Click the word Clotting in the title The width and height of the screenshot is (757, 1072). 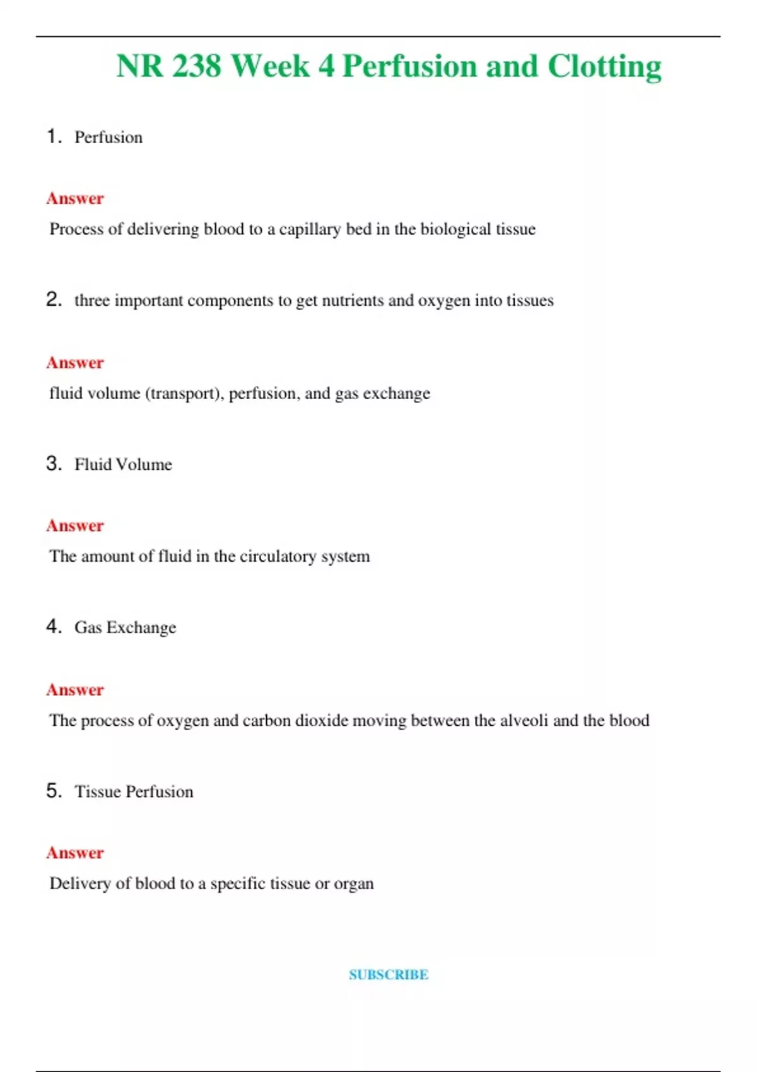pyautogui.click(x=604, y=67)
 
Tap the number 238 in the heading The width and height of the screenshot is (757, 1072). pyautogui.click(x=196, y=67)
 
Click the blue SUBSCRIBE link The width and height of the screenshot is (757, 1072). pyautogui.click(x=389, y=974)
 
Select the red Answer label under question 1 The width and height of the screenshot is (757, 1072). pyautogui.click(x=75, y=199)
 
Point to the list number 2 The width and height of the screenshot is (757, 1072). pyautogui.click(x=54, y=300)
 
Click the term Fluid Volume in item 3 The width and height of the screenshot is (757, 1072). pyautogui.click(x=123, y=465)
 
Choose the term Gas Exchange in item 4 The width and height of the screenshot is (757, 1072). pyautogui.click(x=125, y=627)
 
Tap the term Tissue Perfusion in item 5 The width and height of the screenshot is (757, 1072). pyautogui.click(x=134, y=791)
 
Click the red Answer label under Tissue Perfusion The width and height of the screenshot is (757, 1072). pyautogui.click(x=75, y=853)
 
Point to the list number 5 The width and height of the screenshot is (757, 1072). pyautogui.click(x=54, y=791)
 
